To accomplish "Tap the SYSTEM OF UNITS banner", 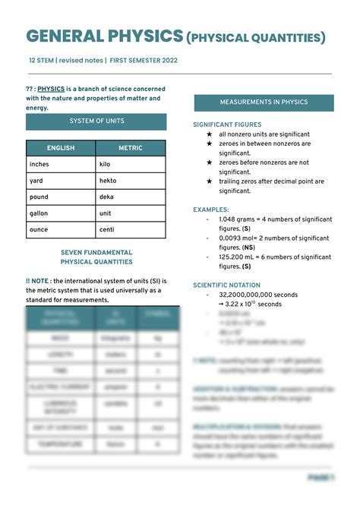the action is (x=96, y=121).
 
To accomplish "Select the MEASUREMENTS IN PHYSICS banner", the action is (x=264, y=103).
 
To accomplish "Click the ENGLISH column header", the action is (x=61, y=148).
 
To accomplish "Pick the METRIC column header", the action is (x=131, y=148).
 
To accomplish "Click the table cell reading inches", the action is (x=39, y=164).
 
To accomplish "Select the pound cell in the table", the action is (x=39, y=197).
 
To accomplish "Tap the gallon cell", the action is (x=39, y=213).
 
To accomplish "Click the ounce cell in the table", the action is (x=39, y=230).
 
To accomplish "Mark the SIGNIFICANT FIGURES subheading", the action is (x=227, y=125).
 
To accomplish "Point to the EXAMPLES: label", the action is (x=211, y=209).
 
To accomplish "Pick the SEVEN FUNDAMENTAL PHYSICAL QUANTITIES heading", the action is (x=96, y=257).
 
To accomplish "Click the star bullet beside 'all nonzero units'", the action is (x=209, y=134).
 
